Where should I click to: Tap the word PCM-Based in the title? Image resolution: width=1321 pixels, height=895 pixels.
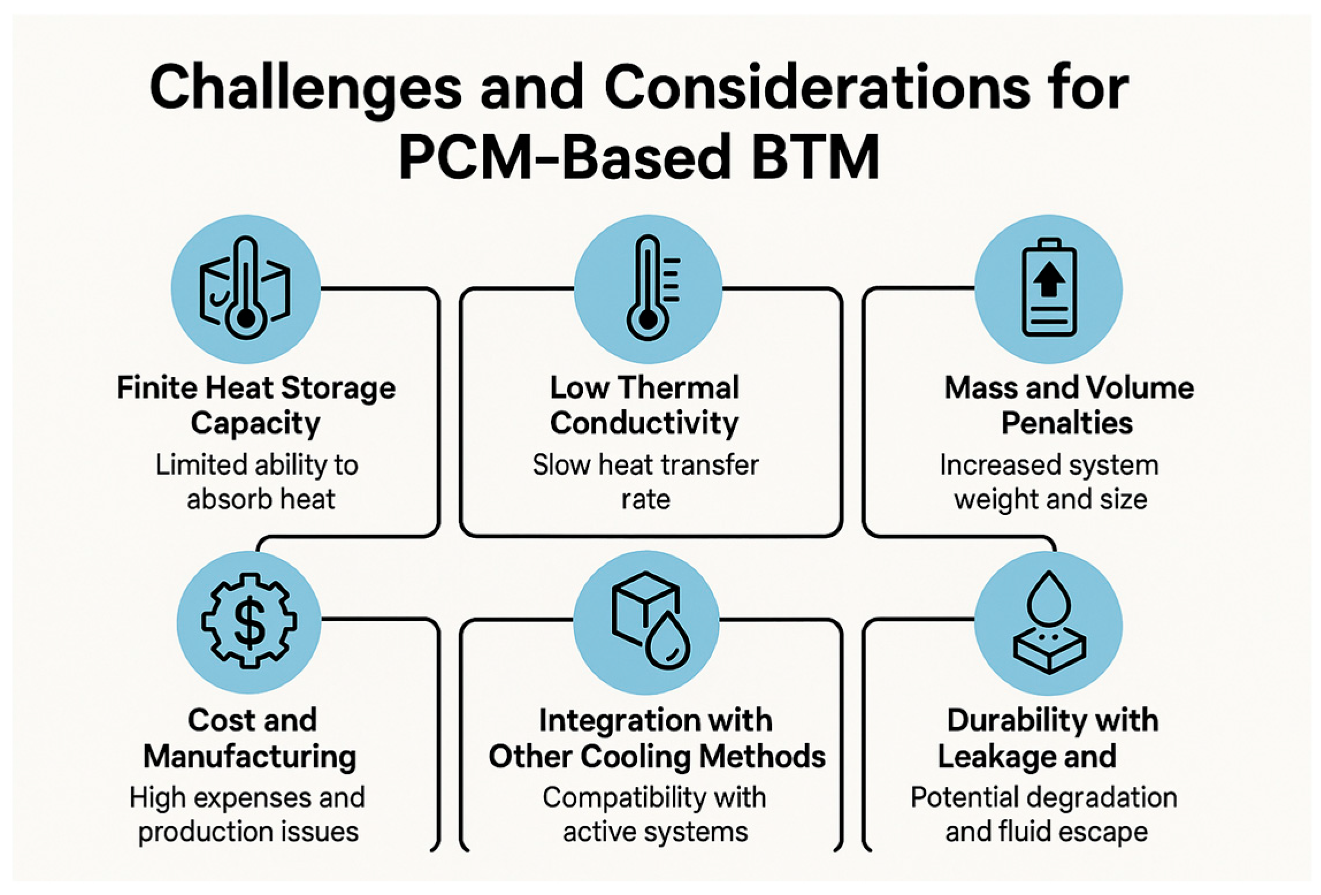(564, 157)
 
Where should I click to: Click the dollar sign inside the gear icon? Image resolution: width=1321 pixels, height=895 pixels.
(250, 622)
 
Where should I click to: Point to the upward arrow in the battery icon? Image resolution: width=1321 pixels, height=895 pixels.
(1049, 277)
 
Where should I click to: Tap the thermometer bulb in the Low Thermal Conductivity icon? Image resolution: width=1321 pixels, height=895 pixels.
(648, 320)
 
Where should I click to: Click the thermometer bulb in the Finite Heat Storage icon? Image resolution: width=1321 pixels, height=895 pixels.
(246, 318)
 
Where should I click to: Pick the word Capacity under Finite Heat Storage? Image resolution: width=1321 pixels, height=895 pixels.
(255, 424)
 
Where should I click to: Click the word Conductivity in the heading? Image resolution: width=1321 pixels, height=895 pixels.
(644, 424)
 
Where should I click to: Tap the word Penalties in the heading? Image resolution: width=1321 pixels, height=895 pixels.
(1067, 424)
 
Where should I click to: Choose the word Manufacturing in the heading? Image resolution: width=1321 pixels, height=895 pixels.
(250, 756)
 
